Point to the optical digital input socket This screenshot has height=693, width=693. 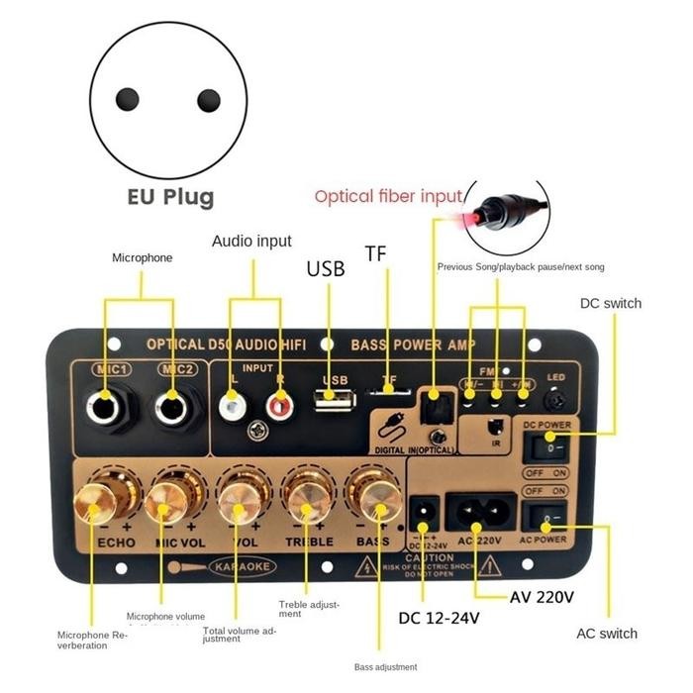(x=435, y=400)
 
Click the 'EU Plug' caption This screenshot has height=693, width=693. (x=170, y=196)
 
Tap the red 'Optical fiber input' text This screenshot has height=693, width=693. (x=388, y=196)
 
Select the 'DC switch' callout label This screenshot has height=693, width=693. (x=609, y=303)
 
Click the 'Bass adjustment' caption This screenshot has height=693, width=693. (x=385, y=666)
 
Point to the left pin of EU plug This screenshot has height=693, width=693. (x=128, y=99)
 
